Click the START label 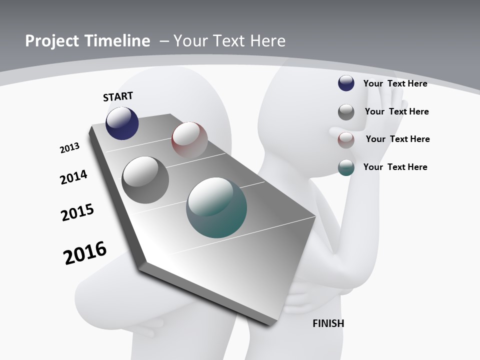click(x=118, y=96)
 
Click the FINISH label click(x=328, y=323)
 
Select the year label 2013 click(x=69, y=148)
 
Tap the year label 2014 click(x=73, y=177)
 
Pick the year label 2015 click(x=77, y=212)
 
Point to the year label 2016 click(x=85, y=253)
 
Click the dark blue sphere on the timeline click(x=122, y=123)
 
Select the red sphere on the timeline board click(x=189, y=139)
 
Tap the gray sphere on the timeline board click(x=145, y=180)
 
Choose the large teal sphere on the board click(x=216, y=207)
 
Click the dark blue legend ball click(x=346, y=83)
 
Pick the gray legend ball click(x=346, y=111)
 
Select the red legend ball click(x=346, y=139)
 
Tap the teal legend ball click(x=346, y=167)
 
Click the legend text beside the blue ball click(x=395, y=83)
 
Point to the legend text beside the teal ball click(x=395, y=167)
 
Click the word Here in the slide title click(x=268, y=41)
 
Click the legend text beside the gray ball click(x=396, y=111)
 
